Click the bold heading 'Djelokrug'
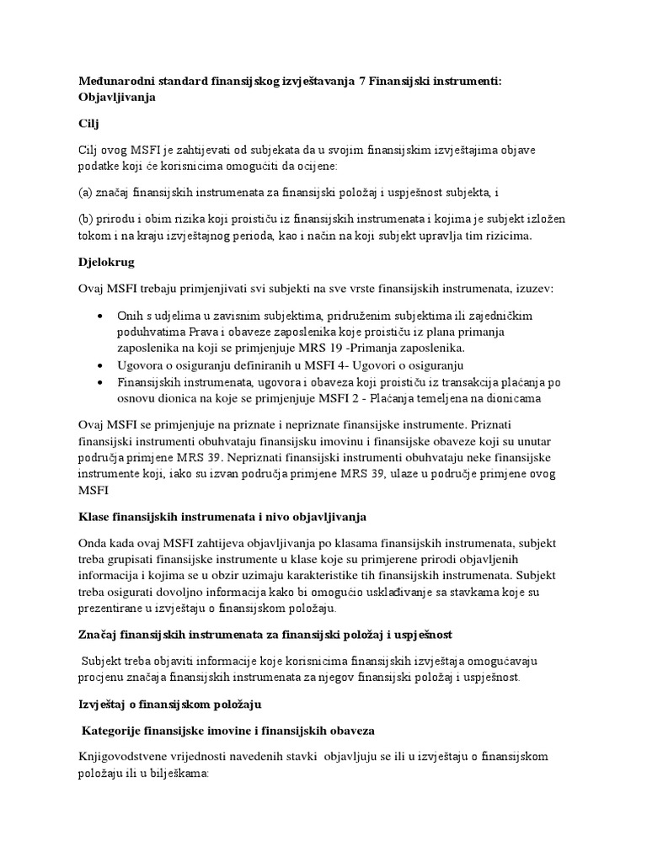[106, 263]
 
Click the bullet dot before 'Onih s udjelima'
[101, 316]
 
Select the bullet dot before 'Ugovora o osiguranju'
[101, 366]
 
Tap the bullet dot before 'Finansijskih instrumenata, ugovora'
[101, 383]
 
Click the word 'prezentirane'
[113, 609]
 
